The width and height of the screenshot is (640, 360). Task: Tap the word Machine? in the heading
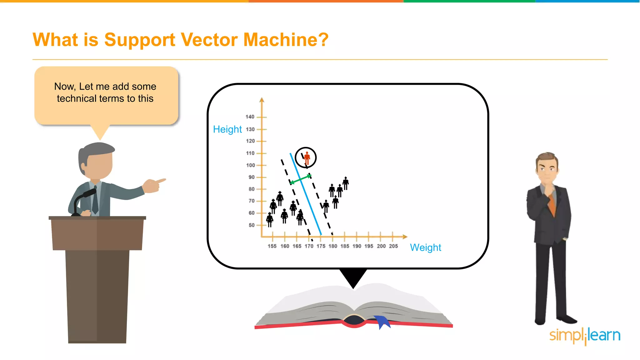click(286, 40)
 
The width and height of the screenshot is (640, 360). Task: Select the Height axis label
click(227, 129)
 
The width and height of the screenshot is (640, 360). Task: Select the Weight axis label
click(425, 247)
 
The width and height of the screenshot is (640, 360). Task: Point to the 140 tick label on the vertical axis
click(250, 117)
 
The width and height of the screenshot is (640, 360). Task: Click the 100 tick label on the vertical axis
click(250, 165)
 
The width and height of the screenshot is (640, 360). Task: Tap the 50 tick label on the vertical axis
click(252, 225)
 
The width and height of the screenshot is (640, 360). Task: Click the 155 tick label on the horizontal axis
click(272, 246)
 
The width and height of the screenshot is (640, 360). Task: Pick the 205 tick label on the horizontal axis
click(393, 246)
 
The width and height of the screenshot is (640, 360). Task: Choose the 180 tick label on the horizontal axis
click(332, 246)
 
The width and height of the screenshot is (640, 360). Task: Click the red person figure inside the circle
click(307, 158)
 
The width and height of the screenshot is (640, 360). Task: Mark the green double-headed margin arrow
click(301, 179)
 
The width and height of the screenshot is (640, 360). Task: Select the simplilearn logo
click(585, 336)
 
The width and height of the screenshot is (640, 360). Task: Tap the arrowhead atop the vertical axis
click(262, 100)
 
